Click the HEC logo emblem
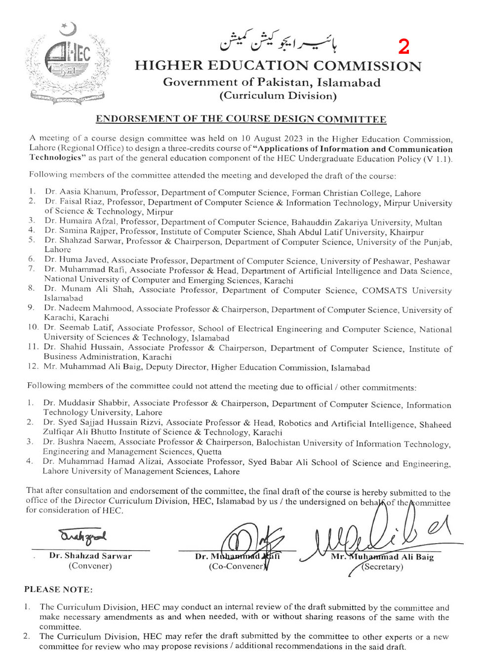click(68, 63)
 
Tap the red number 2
click(403, 47)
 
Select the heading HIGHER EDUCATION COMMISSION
click(278, 66)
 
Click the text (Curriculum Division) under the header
click(278, 96)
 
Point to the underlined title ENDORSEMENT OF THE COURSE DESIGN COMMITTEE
click(241, 119)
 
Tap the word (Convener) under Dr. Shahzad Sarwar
click(90, 566)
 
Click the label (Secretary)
click(382, 567)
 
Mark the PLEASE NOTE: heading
click(58, 590)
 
